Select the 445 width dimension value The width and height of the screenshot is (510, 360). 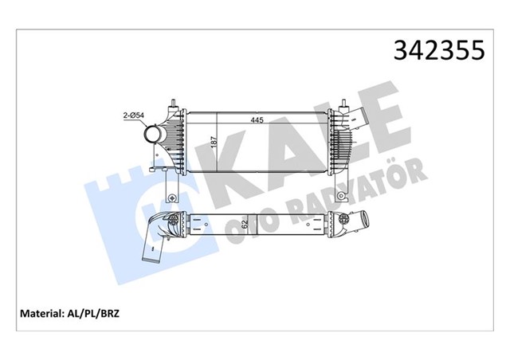coord(257,120)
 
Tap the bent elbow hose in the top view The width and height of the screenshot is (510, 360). coord(157,239)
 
